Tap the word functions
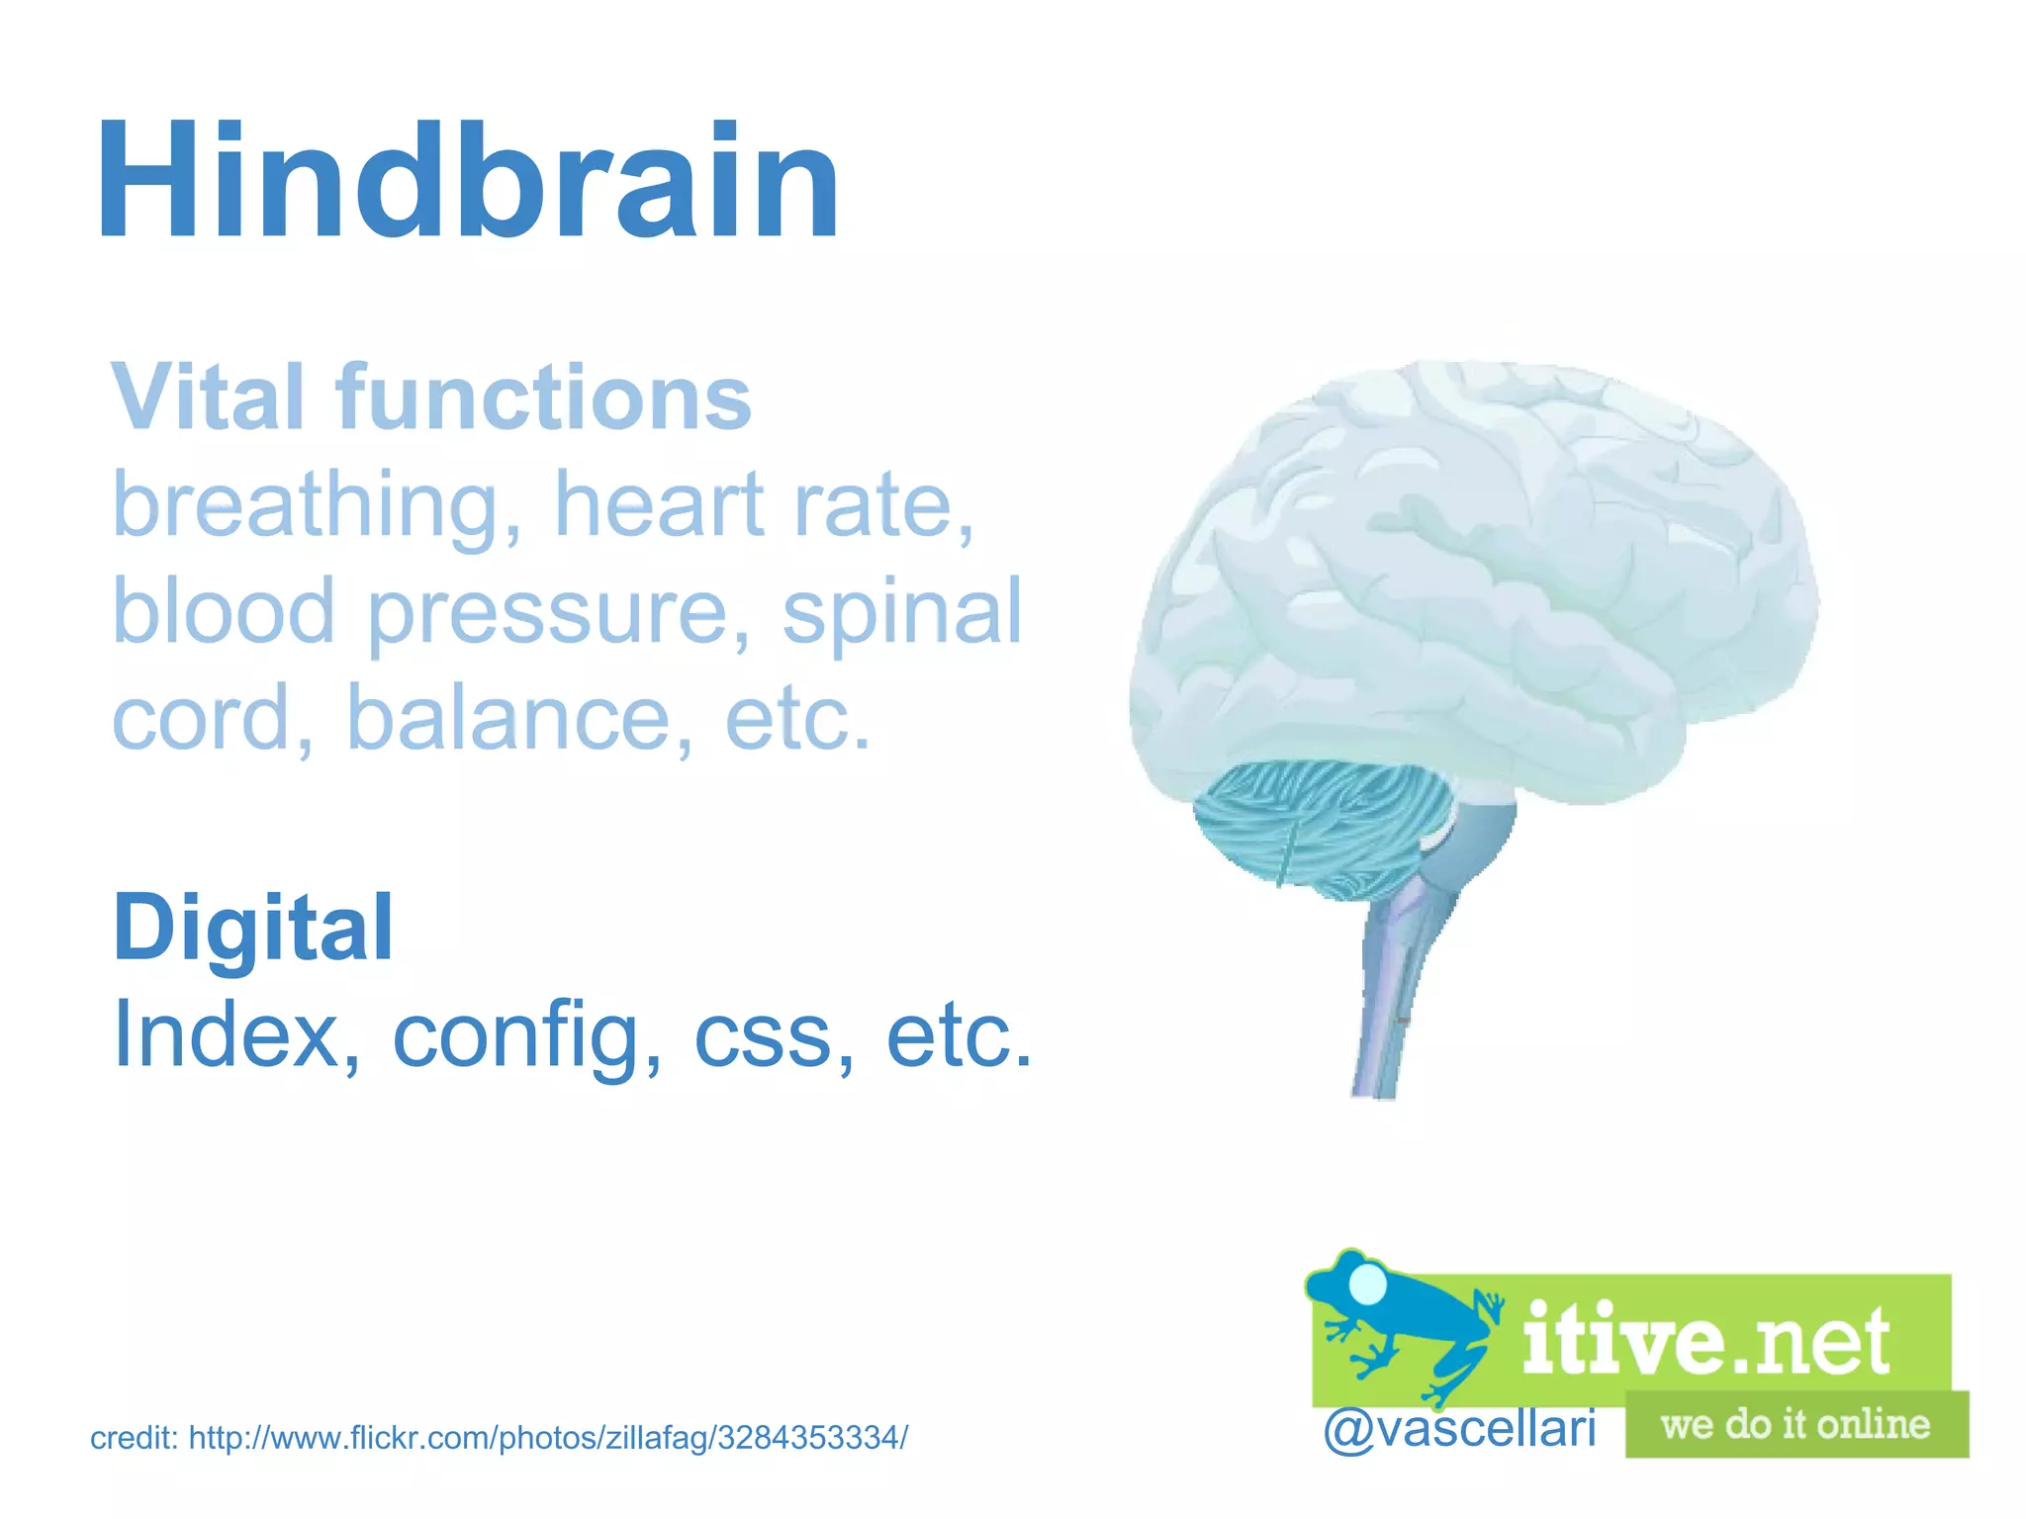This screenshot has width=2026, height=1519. [x=543, y=398]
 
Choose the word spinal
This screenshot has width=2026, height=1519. [x=902, y=612]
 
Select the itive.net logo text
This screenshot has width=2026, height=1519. [x=1705, y=1340]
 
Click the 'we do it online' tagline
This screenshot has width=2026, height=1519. [x=1796, y=1425]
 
